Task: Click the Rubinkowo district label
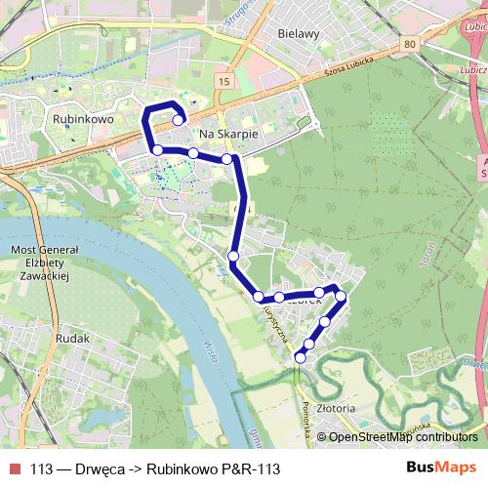point(86,117)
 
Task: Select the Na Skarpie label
point(226,136)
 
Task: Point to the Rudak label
point(74,338)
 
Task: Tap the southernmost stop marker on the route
point(300,357)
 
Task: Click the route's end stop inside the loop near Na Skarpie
point(178,120)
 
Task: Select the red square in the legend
point(15,468)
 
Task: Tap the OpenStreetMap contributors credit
point(402,437)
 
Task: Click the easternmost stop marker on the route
point(341,296)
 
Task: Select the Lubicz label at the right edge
point(476,70)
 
